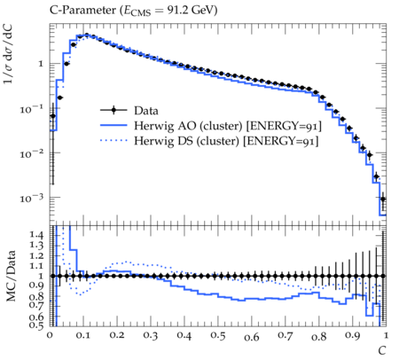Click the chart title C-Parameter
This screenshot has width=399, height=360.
pos(83,11)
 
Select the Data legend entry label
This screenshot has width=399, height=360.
pos(146,111)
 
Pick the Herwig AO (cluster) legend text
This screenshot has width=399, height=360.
pos(188,126)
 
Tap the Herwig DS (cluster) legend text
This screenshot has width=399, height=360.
pos(186,141)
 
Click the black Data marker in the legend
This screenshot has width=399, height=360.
pos(113,111)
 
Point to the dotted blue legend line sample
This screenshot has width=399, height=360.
pos(113,141)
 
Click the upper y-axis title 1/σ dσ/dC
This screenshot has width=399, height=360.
pos(8,53)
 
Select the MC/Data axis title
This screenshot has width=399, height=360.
pos(11,276)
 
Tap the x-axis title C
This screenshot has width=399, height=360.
pos(382,350)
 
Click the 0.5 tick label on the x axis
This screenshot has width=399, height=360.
pos(218,336)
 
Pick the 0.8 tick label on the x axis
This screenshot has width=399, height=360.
pos(318,336)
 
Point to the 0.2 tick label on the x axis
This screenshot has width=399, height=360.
pos(117,336)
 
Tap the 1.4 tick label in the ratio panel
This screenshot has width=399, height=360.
pos(36,235)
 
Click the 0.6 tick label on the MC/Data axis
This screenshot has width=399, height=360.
pos(36,317)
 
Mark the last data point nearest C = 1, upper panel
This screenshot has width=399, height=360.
pos(383,199)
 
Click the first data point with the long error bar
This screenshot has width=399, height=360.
pos(52,116)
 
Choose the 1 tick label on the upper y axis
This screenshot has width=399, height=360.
pos(41,64)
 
